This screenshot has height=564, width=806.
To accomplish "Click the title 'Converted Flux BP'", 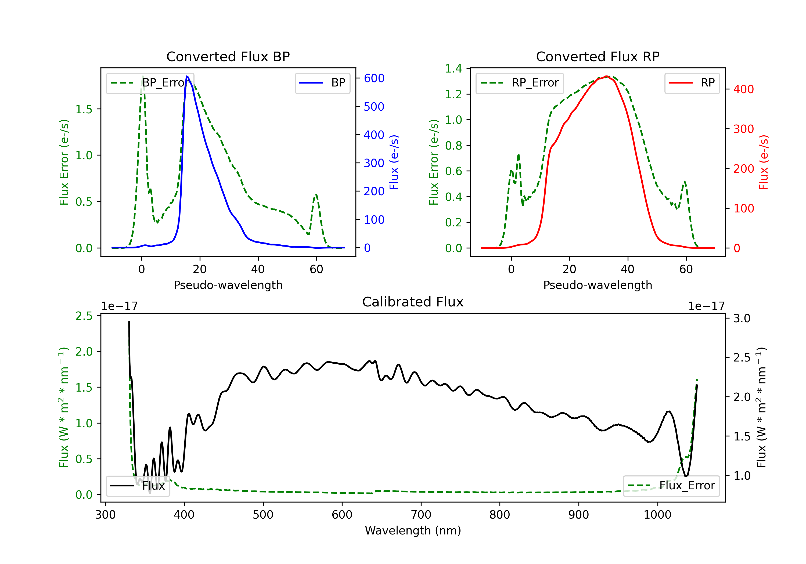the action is pyautogui.click(x=228, y=56).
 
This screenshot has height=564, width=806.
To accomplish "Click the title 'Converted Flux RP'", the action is pyautogui.click(x=598, y=56).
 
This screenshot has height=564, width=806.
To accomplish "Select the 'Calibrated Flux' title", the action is pyautogui.click(x=413, y=302).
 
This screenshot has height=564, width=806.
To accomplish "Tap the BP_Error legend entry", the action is pyautogui.click(x=150, y=83).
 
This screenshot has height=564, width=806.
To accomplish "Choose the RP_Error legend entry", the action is pyautogui.click(x=520, y=83).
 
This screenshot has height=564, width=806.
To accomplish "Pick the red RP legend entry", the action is pyautogui.click(x=692, y=83).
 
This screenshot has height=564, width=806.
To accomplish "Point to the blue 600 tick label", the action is pyautogui.click(x=374, y=78).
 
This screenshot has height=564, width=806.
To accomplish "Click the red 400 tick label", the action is pyautogui.click(x=743, y=89).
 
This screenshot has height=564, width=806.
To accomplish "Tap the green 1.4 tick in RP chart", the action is pyautogui.click(x=454, y=69).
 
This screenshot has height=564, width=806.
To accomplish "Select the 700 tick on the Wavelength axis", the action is pyautogui.click(x=421, y=515).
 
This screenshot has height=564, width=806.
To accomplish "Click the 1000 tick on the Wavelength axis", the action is pyautogui.click(x=657, y=515).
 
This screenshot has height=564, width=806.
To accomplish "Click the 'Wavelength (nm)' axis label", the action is pyautogui.click(x=413, y=530).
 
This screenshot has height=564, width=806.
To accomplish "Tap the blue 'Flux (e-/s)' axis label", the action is pyautogui.click(x=394, y=162).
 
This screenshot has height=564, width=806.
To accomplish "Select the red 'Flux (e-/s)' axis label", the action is pyautogui.click(x=764, y=162).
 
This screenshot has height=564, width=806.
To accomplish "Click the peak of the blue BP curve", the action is pyautogui.click(x=187, y=76).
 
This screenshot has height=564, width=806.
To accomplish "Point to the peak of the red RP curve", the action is pyautogui.click(x=606, y=76).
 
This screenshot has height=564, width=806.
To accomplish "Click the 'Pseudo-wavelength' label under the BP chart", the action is pyautogui.click(x=228, y=285).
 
